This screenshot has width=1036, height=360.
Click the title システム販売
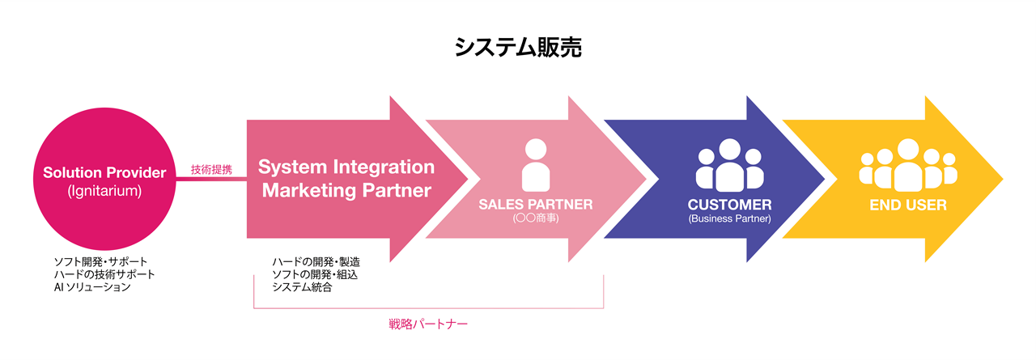pos(517,47)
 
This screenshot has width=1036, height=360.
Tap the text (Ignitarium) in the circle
pos(104,191)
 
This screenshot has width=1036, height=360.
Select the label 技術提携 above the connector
pos(211,170)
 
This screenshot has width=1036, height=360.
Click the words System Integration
pos(346,167)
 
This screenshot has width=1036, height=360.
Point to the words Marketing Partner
pos(346,191)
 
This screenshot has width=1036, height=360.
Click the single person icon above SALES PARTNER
pos(535,165)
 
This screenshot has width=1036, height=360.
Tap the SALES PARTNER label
pos(535,205)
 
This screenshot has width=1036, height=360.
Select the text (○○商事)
pos(535,218)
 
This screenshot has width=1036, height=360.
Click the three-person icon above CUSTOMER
pos(729,165)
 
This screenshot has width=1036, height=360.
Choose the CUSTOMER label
pos(729,205)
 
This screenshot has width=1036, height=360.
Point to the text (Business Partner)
pos(729,218)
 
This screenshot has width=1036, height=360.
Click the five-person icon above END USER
pos(907,165)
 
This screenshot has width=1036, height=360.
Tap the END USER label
pos(907,205)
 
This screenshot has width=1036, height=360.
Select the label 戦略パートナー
pos(429,324)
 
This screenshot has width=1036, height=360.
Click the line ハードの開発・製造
pos(316,262)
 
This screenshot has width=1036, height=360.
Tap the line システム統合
pos(302,287)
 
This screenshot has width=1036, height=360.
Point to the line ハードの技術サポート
pos(104,275)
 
